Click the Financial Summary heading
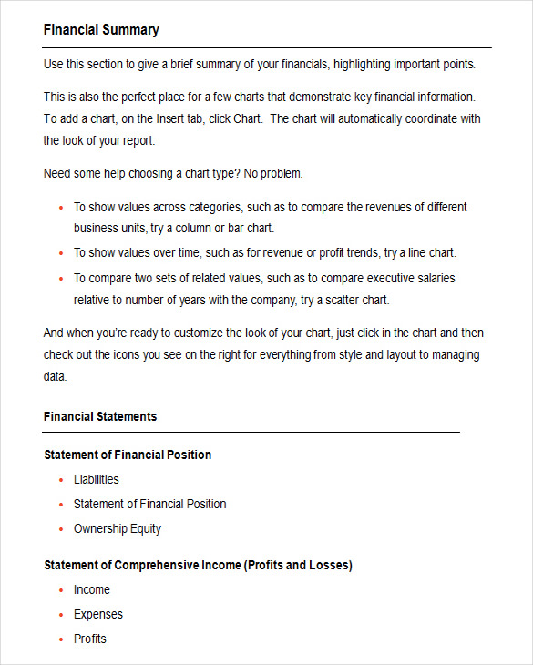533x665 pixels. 101,30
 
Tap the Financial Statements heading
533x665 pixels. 100,416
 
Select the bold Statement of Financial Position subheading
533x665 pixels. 128,455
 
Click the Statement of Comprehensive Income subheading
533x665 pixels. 198,565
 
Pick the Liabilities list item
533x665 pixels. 96,479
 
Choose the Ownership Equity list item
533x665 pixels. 118,528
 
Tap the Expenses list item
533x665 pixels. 98,614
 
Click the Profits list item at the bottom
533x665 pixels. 90,639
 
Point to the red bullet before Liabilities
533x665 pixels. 61,480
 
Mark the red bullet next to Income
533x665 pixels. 61,590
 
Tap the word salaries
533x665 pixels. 433,278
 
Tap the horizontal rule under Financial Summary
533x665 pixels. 267,47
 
